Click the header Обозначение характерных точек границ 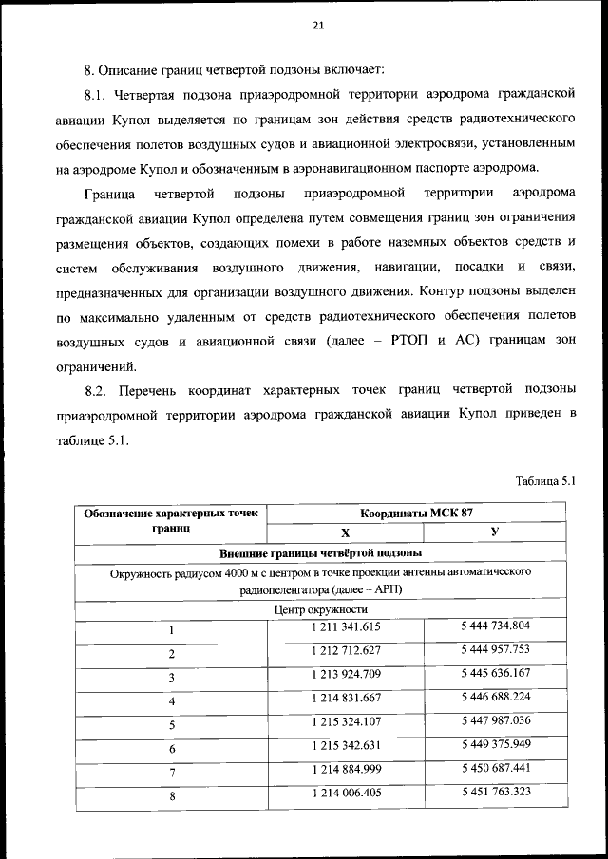(171, 520)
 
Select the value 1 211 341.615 (346, 627)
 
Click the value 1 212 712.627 (346, 651)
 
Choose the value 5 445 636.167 (496, 674)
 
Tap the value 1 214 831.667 (346, 700)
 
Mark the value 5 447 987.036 (496, 721)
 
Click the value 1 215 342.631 (346, 747)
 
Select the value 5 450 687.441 (496, 769)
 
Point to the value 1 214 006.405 (346, 793)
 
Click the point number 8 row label (172, 797)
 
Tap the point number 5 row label (172, 726)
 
